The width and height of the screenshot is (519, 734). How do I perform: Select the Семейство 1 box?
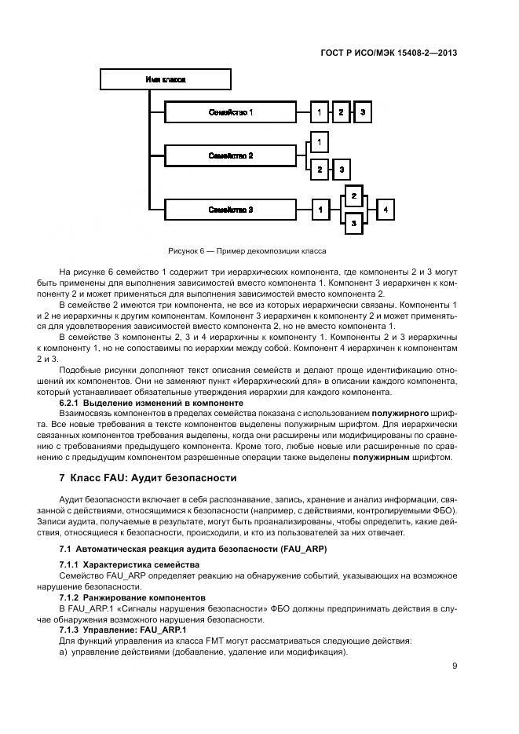(x=230, y=113)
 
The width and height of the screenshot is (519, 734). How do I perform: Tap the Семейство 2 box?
(x=230, y=156)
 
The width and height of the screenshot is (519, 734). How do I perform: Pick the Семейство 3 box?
(x=230, y=210)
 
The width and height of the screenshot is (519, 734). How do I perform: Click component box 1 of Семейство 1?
(x=319, y=113)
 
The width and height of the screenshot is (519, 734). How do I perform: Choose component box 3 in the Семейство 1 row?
(x=363, y=113)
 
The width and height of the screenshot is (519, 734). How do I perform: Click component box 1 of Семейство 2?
(x=319, y=142)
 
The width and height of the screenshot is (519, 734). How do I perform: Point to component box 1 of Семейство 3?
(x=320, y=210)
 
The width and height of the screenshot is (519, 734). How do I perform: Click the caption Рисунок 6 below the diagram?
(x=247, y=251)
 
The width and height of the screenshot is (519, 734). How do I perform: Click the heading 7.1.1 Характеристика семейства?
(x=130, y=565)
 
